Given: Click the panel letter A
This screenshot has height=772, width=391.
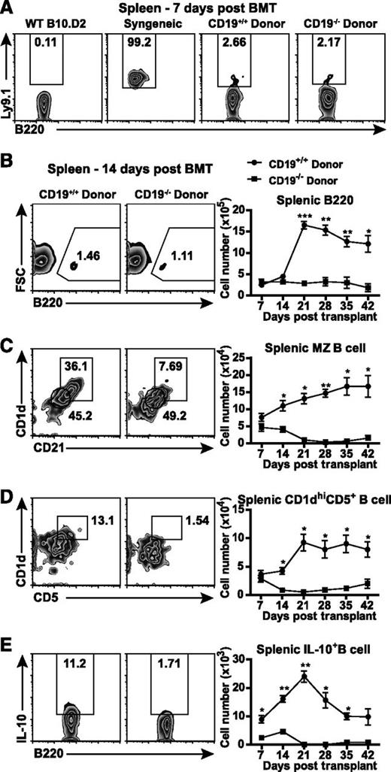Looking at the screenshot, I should (x=8, y=8).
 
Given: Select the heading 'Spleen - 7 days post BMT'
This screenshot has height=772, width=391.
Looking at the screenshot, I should (x=199, y=8).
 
